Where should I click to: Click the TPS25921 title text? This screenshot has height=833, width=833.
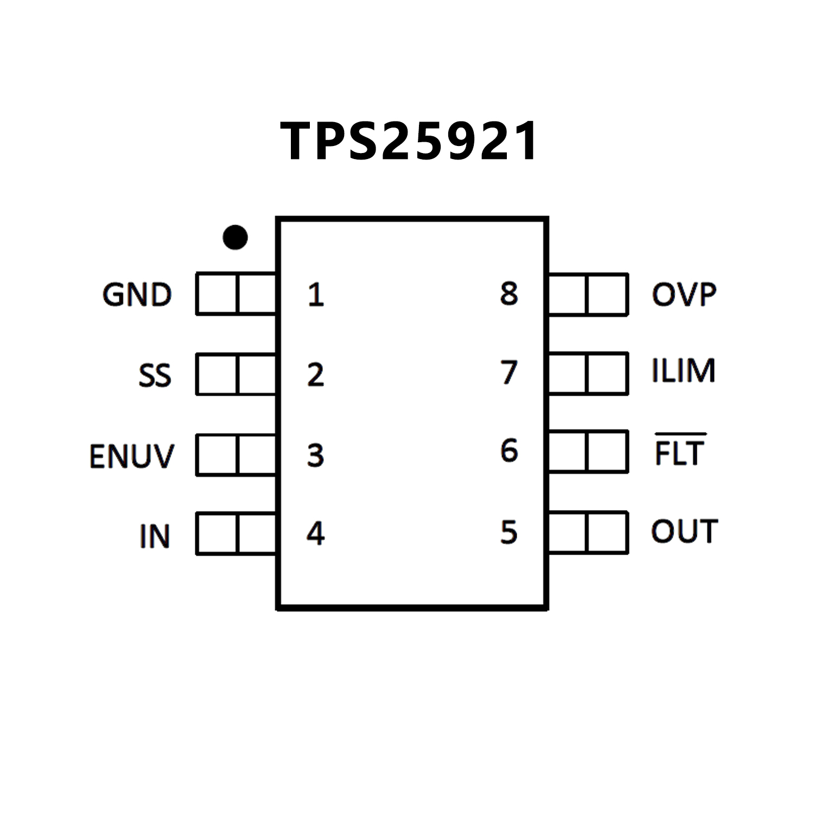click(409, 141)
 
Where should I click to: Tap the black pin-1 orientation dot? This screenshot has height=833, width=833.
click(235, 237)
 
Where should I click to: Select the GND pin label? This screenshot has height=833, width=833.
click(137, 295)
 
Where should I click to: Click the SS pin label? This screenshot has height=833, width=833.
click(155, 376)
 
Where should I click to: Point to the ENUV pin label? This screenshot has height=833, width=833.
click(132, 456)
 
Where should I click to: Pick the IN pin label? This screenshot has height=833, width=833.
click(155, 537)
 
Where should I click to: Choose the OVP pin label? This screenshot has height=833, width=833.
click(684, 295)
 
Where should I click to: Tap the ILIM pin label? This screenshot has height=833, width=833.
click(683, 371)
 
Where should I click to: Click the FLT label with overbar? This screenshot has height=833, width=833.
click(679, 452)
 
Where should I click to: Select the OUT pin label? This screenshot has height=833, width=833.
click(684, 531)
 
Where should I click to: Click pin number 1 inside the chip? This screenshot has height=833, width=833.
click(315, 295)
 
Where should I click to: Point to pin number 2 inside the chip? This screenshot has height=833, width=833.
click(315, 375)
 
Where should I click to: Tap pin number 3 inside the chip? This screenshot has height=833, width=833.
click(315, 455)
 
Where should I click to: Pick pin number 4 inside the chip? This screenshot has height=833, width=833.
click(315, 534)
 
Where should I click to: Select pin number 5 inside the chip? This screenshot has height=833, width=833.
click(508, 532)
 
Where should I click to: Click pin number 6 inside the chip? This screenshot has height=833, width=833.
click(508, 451)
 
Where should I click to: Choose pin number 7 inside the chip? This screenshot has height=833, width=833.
click(508, 372)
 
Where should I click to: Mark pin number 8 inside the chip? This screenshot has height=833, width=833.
click(508, 294)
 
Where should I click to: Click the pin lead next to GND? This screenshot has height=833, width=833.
click(237, 294)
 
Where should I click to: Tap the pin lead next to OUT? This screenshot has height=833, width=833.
click(588, 532)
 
